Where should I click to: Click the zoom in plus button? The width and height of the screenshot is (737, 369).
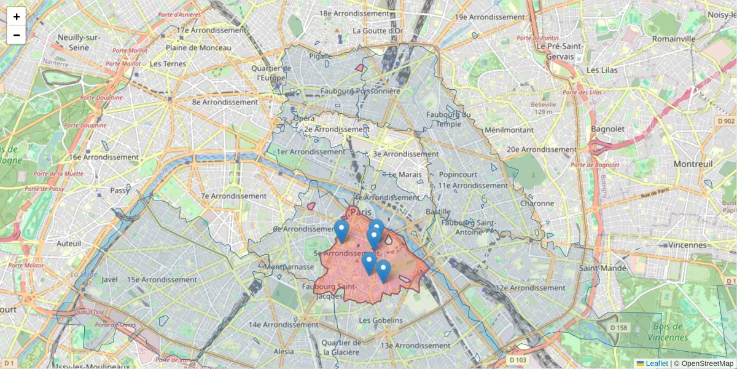17,17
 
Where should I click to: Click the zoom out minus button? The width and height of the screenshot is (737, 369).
17,35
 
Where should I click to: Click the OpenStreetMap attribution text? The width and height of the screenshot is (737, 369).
707,363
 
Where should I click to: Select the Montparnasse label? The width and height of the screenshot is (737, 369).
288,268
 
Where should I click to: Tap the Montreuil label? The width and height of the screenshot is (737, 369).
693,164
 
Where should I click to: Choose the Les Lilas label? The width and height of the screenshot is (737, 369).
601,70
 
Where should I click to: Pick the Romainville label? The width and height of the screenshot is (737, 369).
674,38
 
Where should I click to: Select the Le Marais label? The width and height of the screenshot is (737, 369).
405,175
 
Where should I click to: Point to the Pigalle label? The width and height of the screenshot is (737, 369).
320,56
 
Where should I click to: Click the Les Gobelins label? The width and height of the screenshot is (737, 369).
381,320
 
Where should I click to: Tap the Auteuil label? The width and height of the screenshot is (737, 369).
68,244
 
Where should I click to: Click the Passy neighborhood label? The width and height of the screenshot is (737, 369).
119,191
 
